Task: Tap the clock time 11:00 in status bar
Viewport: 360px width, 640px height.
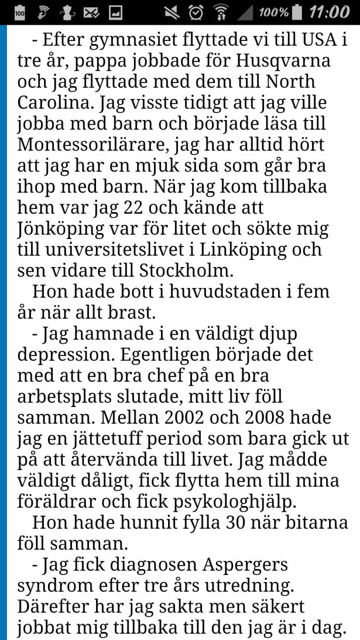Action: (329, 12)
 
